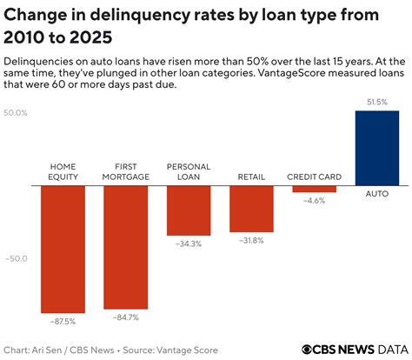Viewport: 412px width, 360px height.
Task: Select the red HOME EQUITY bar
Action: [63, 248]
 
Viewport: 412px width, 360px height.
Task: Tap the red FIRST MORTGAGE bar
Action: [125, 246]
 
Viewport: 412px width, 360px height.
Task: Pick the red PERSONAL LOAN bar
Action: [189, 210]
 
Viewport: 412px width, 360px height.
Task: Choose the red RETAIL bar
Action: [251, 208]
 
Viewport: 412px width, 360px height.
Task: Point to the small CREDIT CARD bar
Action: [314, 189]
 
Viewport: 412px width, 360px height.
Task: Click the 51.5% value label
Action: [376, 103]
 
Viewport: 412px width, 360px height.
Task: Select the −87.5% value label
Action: [63, 321]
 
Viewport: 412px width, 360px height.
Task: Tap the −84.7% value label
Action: [125, 317]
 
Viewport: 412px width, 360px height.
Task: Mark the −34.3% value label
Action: [189, 244]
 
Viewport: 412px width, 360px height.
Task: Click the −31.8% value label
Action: [251, 240]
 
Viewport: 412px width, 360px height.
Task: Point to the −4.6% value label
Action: [314, 201]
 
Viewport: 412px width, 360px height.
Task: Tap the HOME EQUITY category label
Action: [63, 170]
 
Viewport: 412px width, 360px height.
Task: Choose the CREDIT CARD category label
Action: [314, 177]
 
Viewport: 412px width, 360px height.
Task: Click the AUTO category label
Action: [376, 194]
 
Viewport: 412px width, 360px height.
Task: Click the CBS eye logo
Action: [308, 349]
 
